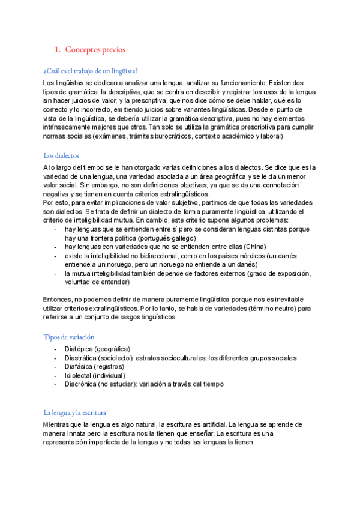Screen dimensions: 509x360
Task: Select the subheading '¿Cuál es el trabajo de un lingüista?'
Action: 91,71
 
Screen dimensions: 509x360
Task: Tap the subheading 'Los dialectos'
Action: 62,155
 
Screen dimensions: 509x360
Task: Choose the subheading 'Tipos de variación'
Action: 68,337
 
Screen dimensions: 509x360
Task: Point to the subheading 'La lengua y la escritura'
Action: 74,412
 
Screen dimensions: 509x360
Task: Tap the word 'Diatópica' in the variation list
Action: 79,349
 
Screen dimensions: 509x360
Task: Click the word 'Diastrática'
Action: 82,358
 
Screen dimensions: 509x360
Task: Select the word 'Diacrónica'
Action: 81,384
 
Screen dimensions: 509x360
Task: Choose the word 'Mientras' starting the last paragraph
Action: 58,424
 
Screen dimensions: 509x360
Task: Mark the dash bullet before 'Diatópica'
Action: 55,349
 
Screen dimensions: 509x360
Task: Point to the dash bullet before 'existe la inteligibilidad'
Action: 55,255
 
